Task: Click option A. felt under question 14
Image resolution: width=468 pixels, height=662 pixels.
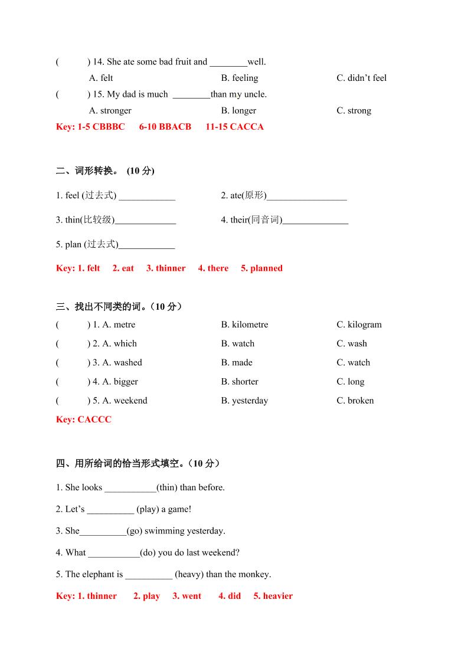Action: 101,78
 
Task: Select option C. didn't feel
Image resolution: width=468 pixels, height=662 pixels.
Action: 361,78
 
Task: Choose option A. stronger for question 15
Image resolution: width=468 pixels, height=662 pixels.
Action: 110,110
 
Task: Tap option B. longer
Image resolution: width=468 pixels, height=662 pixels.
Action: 238,110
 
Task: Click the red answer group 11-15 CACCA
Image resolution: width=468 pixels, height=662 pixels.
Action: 234,126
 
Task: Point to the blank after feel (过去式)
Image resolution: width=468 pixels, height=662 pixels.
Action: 147,197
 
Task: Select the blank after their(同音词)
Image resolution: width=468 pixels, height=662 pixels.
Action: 316,221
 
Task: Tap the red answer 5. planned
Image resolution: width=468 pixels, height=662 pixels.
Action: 261,268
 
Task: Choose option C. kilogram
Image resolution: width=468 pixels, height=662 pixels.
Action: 359,325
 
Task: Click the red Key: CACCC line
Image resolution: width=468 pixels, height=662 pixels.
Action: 84,420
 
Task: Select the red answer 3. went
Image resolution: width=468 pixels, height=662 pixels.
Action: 186,596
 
